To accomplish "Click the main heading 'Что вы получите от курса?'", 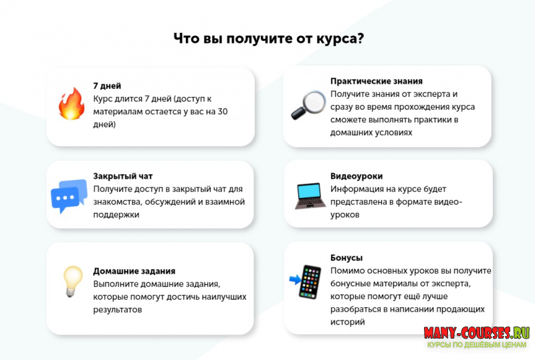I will (x=268, y=38).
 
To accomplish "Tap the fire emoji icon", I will (x=71, y=104).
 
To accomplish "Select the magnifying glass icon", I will (x=307, y=105).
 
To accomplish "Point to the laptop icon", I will (x=310, y=195).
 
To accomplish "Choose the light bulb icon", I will (x=72, y=280).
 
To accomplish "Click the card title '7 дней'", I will (x=108, y=86).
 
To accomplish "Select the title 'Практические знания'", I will (x=377, y=81).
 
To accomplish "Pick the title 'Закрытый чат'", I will (x=123, y=176).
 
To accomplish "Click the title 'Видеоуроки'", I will (x=356, y=176).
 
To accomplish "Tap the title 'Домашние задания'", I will (x=134, y=271).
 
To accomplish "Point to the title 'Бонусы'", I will (x=346, y=258).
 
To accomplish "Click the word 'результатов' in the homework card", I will (x=118, y=310).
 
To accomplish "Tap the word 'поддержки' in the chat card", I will (x=116, y=215).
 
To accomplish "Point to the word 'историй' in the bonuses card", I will (x=348, y=322).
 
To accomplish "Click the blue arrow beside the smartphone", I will (x=294, y=278).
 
